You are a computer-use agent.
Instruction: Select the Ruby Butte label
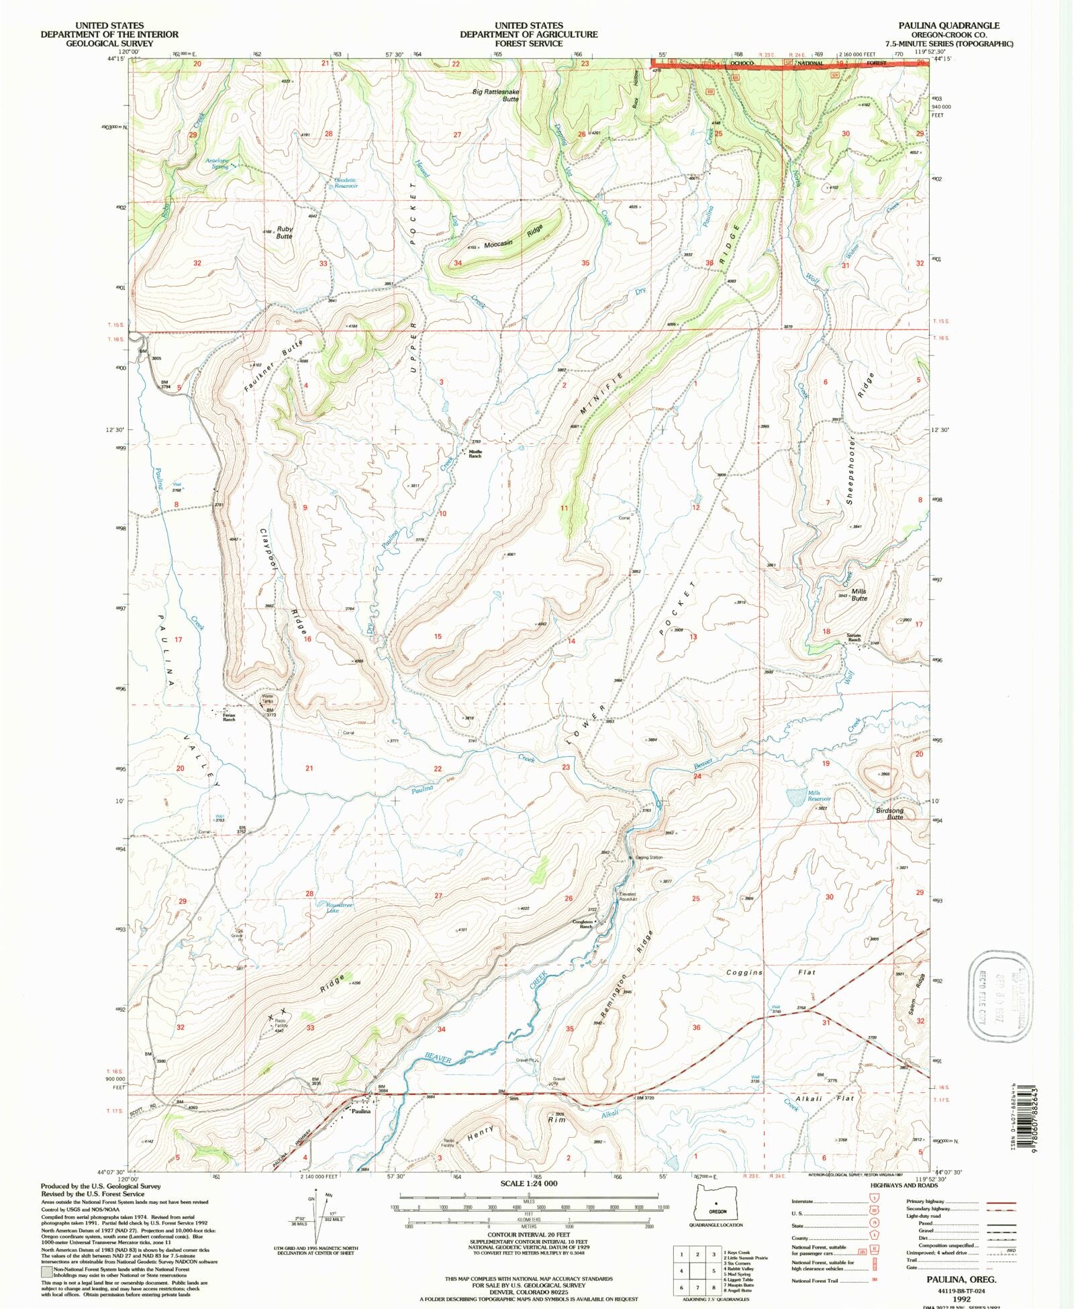tap(285, 232)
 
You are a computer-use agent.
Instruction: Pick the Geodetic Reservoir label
tap(346, 182)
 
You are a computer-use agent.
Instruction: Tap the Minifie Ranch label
tap(475, 454)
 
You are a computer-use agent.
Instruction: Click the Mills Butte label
tap(859, 594)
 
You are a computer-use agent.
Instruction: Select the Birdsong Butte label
tap(890, 813)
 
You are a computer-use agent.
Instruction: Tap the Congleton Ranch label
tap(582, 924)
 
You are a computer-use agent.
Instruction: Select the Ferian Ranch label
tap(229, 717)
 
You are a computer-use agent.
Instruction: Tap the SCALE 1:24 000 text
tap(528, 1184)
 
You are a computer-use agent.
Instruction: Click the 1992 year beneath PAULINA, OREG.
tap(961, 1298)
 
